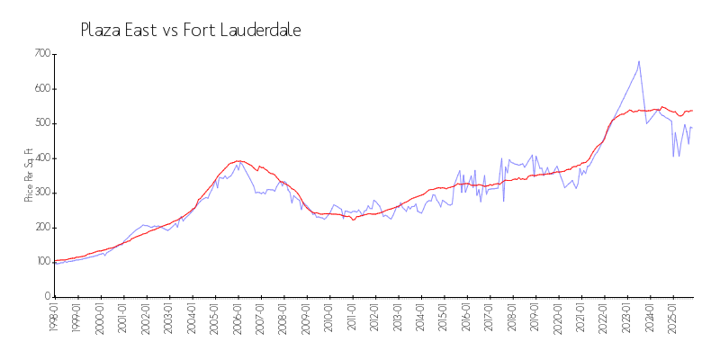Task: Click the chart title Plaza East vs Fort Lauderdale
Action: [191, 31]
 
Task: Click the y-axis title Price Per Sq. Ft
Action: [29, 175]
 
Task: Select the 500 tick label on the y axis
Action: [41, 123]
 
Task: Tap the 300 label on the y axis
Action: [41, 193]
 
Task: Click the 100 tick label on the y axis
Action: [41, 262]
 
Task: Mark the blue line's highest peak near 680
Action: [639, 62]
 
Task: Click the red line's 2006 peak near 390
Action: [238, 161]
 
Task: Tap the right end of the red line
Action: [692, 110]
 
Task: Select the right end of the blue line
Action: [692, 127]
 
